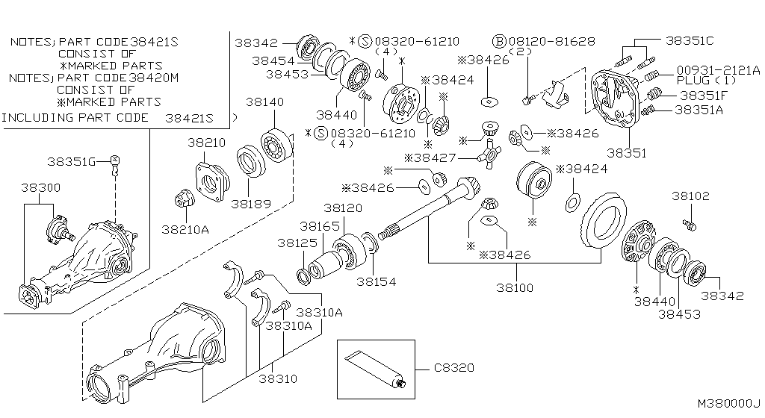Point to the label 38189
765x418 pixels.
point(250,203)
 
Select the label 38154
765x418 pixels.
point(376,282)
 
